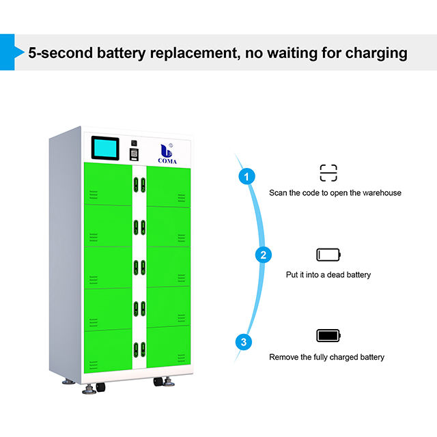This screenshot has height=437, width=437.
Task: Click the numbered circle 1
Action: tap(247, 177)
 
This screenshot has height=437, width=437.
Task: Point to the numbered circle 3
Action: tap(244, 341)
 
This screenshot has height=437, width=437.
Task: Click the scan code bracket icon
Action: tap(328, 172)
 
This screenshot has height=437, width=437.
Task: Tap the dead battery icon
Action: tap(328, 255)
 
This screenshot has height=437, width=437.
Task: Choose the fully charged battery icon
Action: tap(328, 335)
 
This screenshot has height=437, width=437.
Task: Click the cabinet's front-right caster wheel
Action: tap(160, 382)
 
